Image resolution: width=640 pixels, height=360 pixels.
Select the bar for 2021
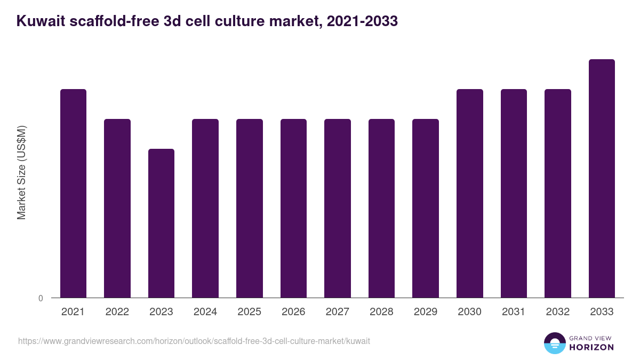tap(73, 193)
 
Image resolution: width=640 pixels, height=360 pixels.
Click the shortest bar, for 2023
tap(161, 223)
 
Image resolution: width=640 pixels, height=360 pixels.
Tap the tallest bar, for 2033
tap(602, 178)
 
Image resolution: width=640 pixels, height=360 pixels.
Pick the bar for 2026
tap(293, 208)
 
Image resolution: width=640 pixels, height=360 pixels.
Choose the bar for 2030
tap(470, 193)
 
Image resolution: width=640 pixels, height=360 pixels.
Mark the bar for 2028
tap(381, 208)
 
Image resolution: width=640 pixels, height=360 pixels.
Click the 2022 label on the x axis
tap(117, 312)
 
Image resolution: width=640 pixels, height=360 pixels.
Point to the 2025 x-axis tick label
tap(249, 312)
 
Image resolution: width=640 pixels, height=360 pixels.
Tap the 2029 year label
tap(426, 312)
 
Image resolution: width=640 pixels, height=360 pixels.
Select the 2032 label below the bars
tap(557, 312)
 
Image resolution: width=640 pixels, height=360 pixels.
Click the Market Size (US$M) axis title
tap(21, 172)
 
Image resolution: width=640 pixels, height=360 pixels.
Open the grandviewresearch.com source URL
tap(194, 341)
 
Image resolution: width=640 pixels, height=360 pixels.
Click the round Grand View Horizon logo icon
tap(554, 343)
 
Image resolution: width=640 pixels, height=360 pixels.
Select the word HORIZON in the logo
tap(591, 347)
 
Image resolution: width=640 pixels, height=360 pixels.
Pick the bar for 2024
tap(205, 208)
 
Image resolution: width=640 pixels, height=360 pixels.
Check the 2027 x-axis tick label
tap(338, 312)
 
